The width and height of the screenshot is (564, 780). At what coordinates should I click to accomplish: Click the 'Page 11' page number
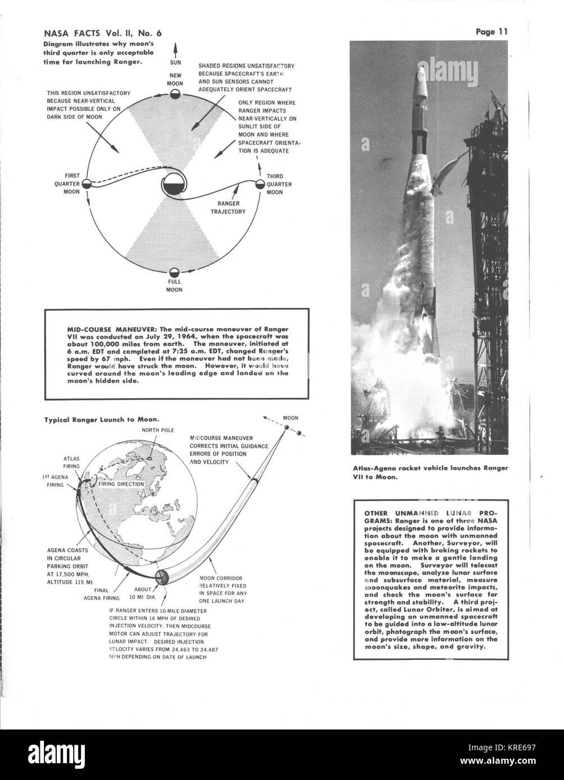(492, 32)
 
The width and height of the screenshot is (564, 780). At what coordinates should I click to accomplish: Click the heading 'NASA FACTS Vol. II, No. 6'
(93, 32)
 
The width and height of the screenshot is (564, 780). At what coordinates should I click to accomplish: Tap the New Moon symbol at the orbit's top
(175, 94)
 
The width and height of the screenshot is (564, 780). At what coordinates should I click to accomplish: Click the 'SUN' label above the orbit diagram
(175, 63)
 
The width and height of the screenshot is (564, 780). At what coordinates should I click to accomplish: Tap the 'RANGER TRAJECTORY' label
(230, 207)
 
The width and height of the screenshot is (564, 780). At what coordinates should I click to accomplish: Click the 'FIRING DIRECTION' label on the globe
(121, 483)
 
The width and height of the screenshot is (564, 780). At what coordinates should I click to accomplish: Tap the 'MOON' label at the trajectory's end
(290, 418)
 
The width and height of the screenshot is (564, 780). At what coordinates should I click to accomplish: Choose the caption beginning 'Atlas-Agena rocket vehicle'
(430, 472)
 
